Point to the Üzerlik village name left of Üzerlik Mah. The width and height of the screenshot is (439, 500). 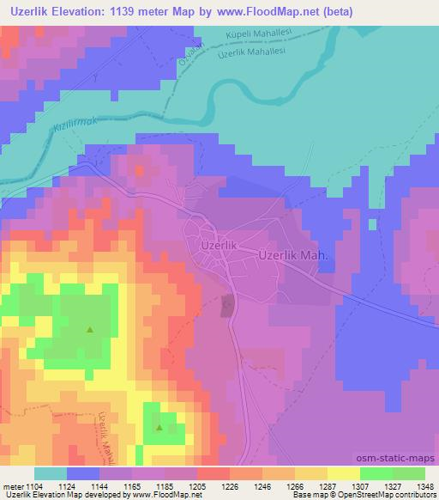(217, 245)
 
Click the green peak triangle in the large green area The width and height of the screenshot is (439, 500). (90, 328)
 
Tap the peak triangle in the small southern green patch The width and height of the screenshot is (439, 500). (160, 426)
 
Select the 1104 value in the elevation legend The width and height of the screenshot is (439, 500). (34, 487)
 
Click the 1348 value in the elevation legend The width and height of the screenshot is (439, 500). (413, 487)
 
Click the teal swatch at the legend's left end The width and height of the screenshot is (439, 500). (51, 473)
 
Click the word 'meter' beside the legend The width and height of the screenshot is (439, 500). (12, 487)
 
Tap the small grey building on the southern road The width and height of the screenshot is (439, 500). (227, 304)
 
